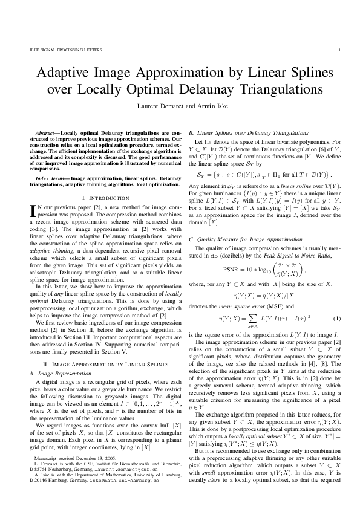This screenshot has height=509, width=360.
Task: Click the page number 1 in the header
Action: (341, 50)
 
